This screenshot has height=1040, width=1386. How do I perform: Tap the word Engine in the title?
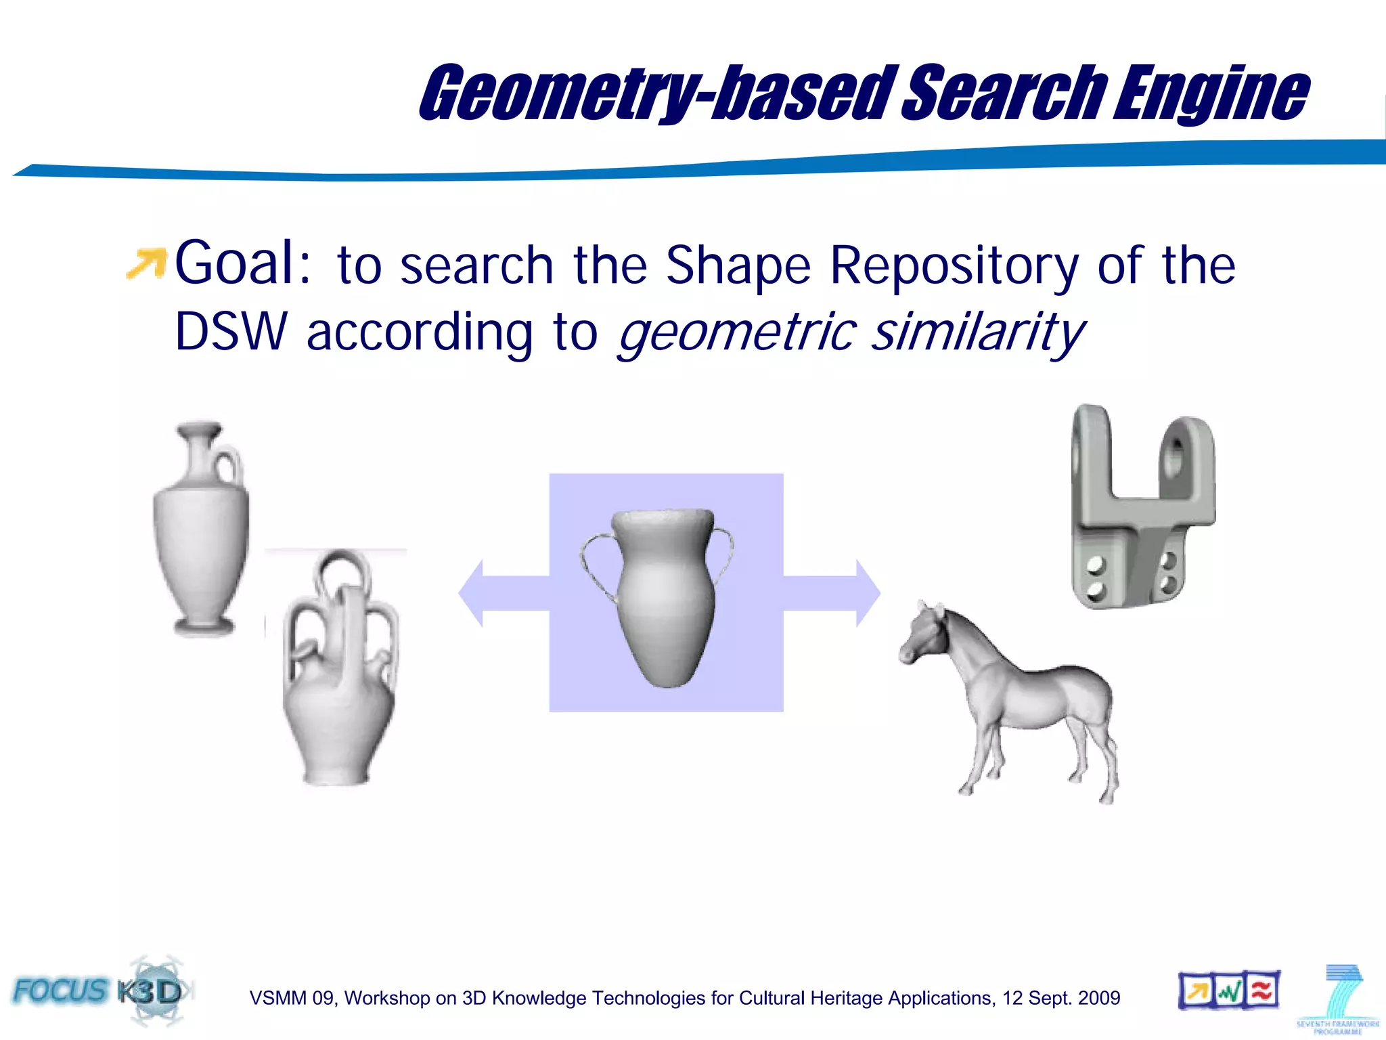click(1211, 93)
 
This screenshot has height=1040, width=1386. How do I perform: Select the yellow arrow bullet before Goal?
click(146, 264)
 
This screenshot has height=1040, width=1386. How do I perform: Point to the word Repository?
click(954, 266)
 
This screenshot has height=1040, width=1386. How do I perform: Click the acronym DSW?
click(231, 332)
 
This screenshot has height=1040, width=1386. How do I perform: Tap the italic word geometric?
click(738, 333)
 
